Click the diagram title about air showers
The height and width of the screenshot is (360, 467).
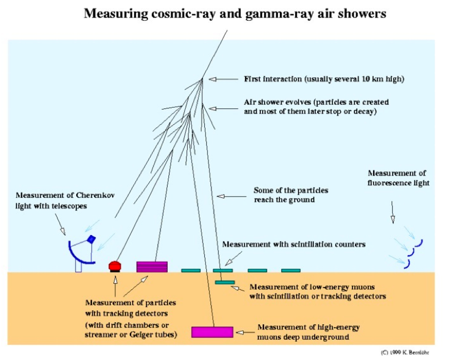coord(235,13)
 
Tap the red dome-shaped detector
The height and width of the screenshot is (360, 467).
coord(115,266)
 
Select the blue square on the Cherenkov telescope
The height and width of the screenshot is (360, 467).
coord(91,239)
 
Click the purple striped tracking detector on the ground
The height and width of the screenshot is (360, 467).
coord(152,266)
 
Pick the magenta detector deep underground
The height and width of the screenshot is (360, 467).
coord(212,332)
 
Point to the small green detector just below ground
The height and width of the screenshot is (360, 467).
coord(225,282)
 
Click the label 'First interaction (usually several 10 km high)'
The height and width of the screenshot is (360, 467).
coord(324,79)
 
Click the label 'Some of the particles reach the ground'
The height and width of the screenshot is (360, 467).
coord(291,195)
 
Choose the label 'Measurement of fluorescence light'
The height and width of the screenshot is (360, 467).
coord(398,178)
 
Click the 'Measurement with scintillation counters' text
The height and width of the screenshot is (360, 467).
coord(294,244)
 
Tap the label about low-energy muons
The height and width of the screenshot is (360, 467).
coord(317,291)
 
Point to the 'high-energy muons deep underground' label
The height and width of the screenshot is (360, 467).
coord(308,332)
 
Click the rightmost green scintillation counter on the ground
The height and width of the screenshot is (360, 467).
coord(291,270)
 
